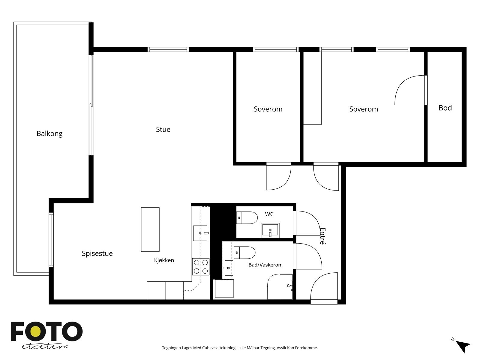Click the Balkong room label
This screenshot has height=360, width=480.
(x=49, y=133)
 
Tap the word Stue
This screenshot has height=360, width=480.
(x=163, y=129)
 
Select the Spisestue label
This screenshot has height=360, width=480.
(x=97, y=253)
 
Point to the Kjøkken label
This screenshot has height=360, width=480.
(x=164, y=260)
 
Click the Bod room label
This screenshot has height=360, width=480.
(x=445, y=108)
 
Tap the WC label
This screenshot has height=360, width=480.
(x=269, y=214)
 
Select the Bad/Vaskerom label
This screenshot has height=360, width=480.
(x=265, y=265)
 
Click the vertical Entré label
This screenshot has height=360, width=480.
(x=322, y=236)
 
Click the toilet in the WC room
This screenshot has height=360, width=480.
(x=247, y=218)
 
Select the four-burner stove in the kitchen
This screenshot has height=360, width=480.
(x=201, y=267)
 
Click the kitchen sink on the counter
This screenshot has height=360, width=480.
(x=200, y=233)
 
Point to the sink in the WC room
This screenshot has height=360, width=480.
(x=270, y=230)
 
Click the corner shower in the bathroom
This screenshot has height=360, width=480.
(x=280, y=286)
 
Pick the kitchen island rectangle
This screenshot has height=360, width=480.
(x=150, y=229)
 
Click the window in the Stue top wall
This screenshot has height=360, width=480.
(x=168, y=49)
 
